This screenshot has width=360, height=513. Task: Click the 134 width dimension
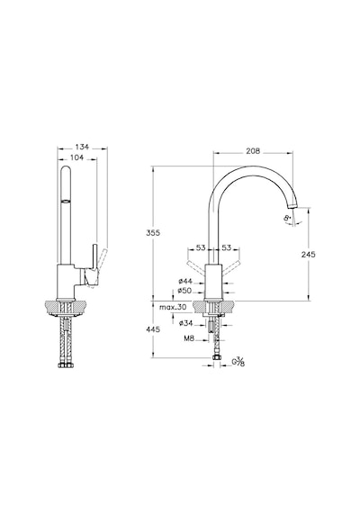pyautogui.click(x=82, y=148)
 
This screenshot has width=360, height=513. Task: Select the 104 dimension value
pyautogui.click(x=76, y=157)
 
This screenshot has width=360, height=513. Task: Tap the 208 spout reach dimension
pyautogui.click(x=253, y=151)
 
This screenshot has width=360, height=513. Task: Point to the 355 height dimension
pyautogui.click(x=153, y=232)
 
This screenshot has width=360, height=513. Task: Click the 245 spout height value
pyautogui.click(x=309, y=254)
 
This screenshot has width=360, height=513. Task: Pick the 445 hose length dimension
pyautogui.click(x=153, y=329)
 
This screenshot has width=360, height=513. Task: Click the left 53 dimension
pyautogui.click(x=201, y=247)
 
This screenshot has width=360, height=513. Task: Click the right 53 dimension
pyautogui.click(x=227, y=247)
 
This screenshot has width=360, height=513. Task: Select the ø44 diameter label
pyautogui.click(x=185, y=281)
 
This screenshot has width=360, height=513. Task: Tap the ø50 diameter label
pyautogui.click(x=184, y=291)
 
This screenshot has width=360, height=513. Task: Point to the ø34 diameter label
pyautogui.click(x=186, y=323)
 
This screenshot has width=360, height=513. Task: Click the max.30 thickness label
pyautogui.click(x=173, y=307)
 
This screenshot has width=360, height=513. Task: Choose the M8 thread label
pyautogui.click(x=189, y=338)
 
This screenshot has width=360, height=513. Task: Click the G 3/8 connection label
pyautogui.click(x=238, y=362)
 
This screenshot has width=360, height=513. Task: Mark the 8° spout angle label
pyautogui.click(x=288, y=217)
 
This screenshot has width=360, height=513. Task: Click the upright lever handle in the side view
pyautogui.click(x=94, y=256)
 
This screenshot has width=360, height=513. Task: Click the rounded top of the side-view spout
pyautogui.click(x=66, y=171)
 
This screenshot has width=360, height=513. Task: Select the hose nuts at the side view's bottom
pyautogui.click(x=66, y=365)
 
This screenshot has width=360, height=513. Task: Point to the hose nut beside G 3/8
pyautogui.click(x=216, y=357)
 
